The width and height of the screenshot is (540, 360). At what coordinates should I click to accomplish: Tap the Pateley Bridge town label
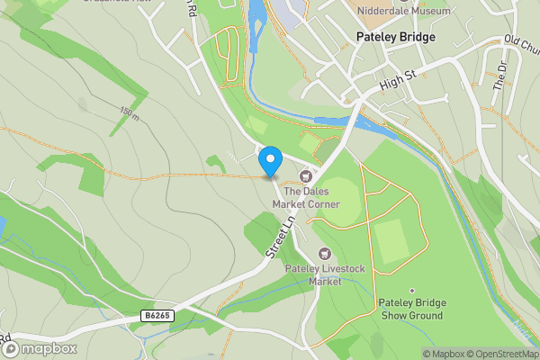point(395,38)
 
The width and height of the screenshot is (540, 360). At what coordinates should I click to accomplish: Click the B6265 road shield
point(157,316)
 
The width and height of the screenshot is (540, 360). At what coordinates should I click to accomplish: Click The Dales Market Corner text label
point(311,197)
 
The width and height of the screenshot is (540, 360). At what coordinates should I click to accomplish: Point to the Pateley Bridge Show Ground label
point(410,310)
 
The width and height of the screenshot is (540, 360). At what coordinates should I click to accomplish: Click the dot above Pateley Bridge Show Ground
point(411,291)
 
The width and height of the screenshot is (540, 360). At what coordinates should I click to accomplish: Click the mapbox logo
point(38,347)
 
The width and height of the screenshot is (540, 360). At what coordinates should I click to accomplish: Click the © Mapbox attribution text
point(444,354)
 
